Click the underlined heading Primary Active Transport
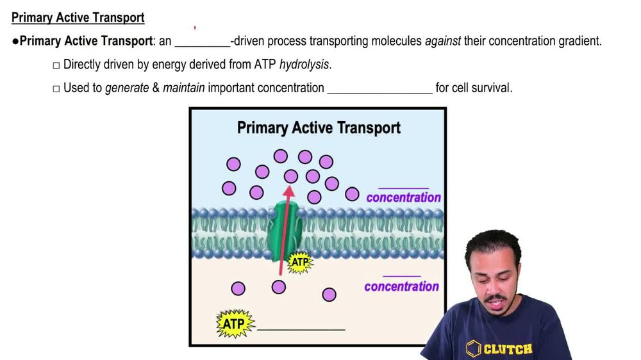pos(78,17)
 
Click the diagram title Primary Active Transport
pos(319,127)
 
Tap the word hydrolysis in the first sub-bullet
pos(305,65)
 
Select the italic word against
pos(442,42)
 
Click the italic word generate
pos(127,88)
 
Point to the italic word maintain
pos(183,88)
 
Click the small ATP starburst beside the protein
pos(299,262)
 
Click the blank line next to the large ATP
pos(301,328)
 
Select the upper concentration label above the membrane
pos(403,197)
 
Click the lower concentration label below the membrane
pos(401,286)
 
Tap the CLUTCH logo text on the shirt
pos(508,349)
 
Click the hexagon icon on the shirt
pos(474,348)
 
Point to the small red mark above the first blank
pos(195,28)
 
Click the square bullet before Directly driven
pos(56,65)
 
